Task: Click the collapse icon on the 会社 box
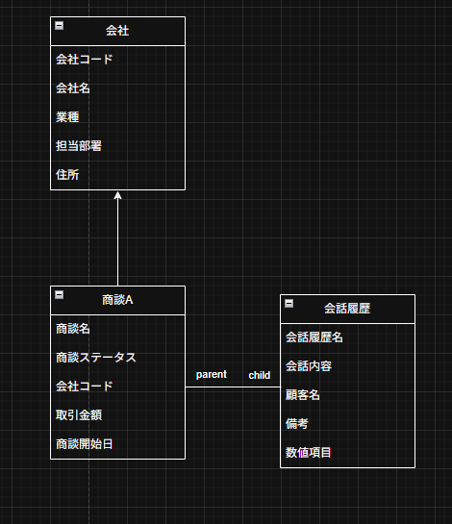click(60, 25)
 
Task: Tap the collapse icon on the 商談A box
click(60, 295)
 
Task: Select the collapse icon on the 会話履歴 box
click(289, 304)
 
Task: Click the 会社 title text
click(117, 31)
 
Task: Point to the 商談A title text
click(117, 300)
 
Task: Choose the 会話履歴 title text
click(347, 309)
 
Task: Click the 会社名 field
click(72, 88)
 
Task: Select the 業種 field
click(67, 117)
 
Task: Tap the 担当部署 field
click(79, 146)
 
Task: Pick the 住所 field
click(67, 175)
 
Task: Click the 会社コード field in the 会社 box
click(85, 60)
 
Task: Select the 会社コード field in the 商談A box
click(85, 387)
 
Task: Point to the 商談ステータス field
click(96, 358)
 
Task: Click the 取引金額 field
click(79, 415)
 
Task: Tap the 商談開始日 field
click(85, 444)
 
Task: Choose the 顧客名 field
click(303, 395)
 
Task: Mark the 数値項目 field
click(309, 453)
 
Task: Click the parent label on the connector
click(212, 375)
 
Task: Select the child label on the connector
click(260, 375)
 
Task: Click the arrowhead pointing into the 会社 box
click(117, 195)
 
